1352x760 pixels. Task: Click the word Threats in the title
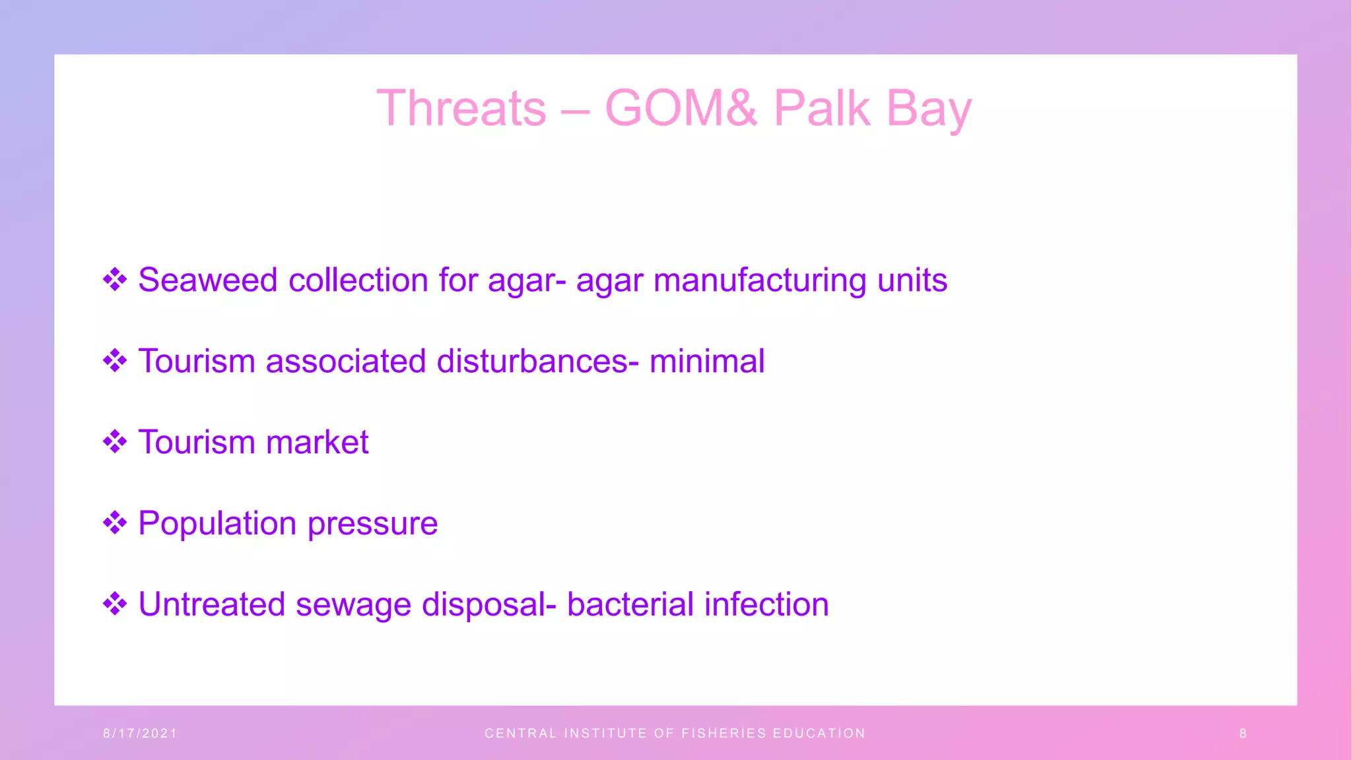coord(461,109)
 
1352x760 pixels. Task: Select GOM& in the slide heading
coord(681,109)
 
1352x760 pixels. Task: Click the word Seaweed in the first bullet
coord(208,280)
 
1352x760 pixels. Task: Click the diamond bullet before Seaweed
coord(115,280)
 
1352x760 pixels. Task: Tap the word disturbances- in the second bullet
coord(537,362)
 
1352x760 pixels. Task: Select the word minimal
coord(707,362)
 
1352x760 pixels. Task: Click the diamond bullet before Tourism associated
coord(115,361)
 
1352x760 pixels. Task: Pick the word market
coord(317,443)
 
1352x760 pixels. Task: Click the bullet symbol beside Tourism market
coord(115,442)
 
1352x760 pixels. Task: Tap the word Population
coord(217,524)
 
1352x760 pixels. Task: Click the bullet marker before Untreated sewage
coord(115,604)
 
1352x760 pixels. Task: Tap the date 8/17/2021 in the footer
coord(140,734)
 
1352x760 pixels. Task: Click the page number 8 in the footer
coord(1243,734)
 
